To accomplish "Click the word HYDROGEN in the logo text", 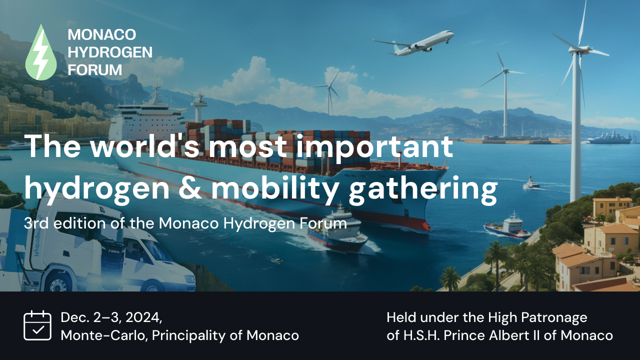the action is coord(110,52).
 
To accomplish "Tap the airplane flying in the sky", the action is coord(413,43).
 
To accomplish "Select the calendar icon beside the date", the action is coord(37,325).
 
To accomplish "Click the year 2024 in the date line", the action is coord(143,317).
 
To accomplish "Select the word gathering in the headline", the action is coord(423,189).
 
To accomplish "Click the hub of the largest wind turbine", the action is coord(579,49).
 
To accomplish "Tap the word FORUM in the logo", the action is coord(95,70).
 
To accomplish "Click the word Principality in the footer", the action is coord(189,335).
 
